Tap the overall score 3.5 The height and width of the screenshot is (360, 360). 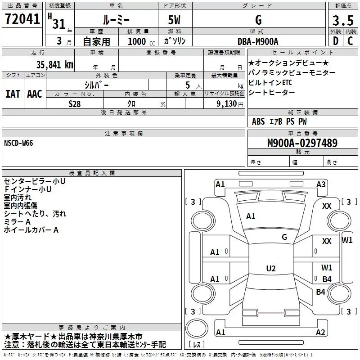pos(342,20)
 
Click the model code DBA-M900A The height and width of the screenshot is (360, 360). pos(258,41)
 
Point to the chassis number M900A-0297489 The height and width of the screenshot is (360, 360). pos(302,143)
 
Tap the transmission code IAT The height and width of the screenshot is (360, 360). pos(13,94)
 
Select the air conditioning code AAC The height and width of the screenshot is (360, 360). pos(34,94)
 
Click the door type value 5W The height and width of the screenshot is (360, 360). pos(175,20)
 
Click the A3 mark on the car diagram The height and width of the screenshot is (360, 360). pos(321,184)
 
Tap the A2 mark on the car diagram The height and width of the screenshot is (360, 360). pos(320,333)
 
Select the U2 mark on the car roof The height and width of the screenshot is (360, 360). pos(270,269)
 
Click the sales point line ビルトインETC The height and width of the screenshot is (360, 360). pos(270,82)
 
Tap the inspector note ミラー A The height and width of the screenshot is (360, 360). pos(17,222)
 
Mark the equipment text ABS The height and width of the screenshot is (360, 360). pos(258,121)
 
